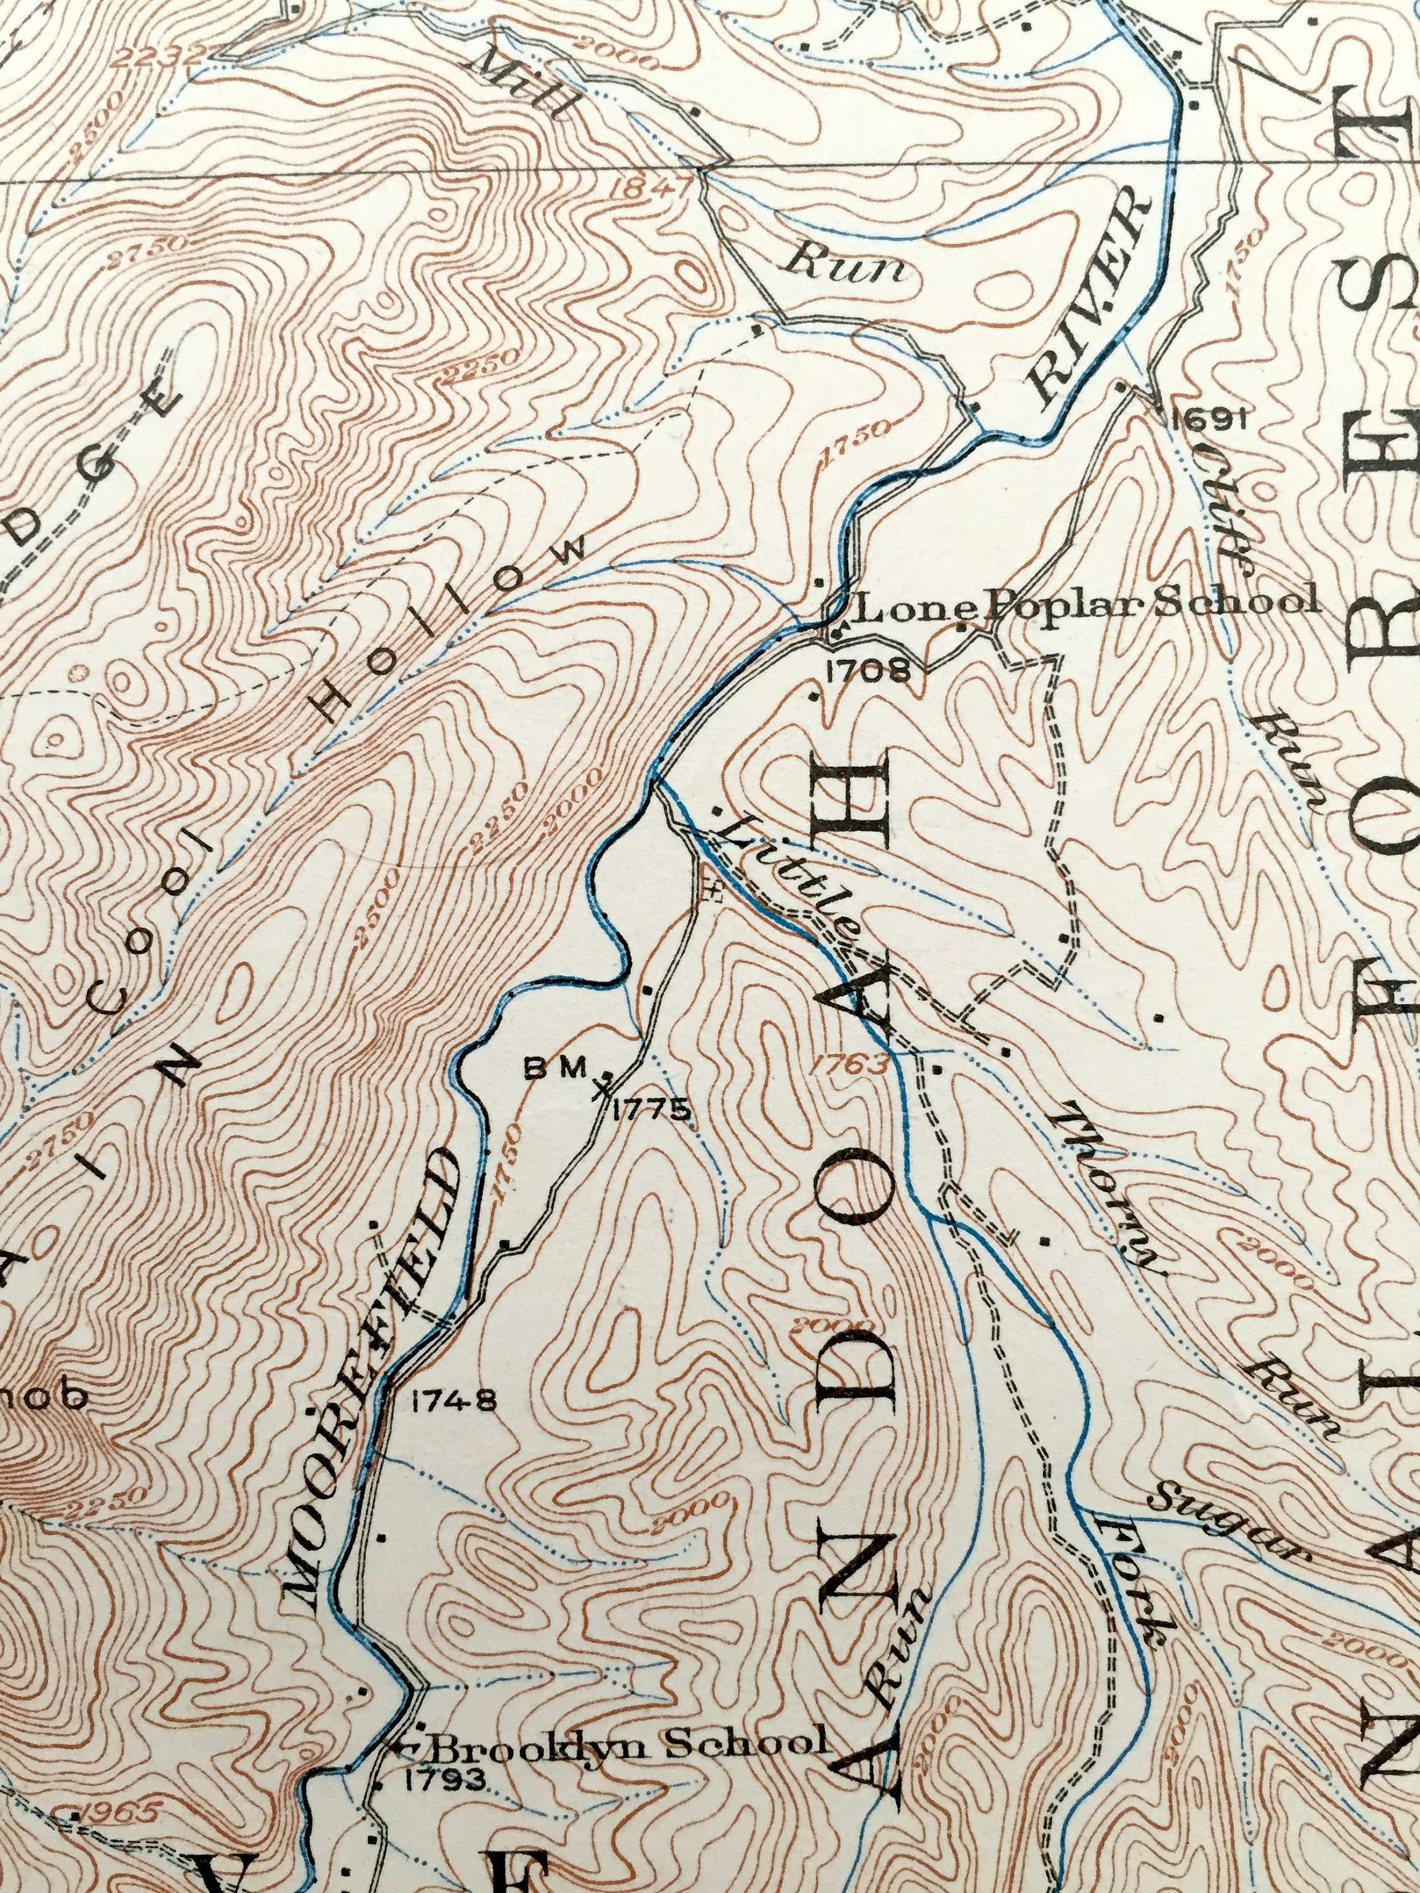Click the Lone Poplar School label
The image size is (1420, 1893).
(x=1074, y=603)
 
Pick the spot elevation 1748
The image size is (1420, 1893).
(x=454, y=1401)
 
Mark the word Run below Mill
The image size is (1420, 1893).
(x=848, y=268)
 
